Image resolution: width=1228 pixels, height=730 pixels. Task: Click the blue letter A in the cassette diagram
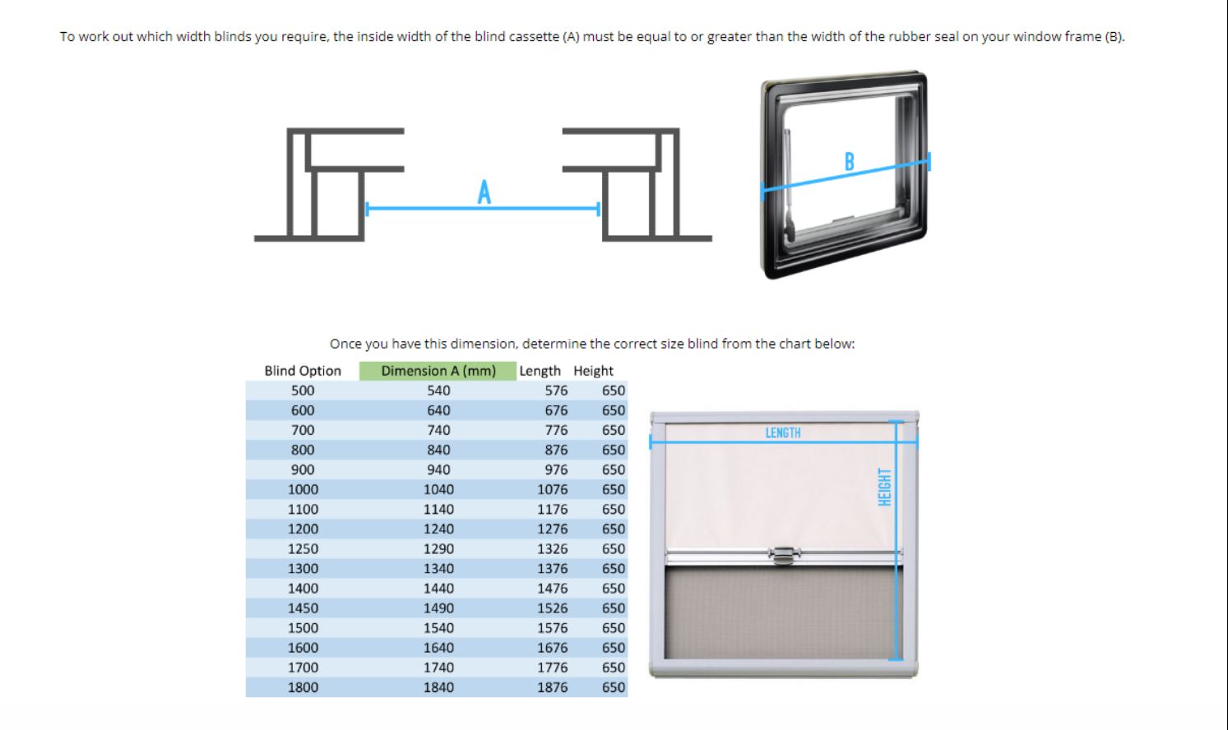pos(484,192)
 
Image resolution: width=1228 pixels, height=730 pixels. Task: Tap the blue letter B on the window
pos(849,162)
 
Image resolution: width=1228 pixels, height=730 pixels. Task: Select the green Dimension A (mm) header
pos(438,371)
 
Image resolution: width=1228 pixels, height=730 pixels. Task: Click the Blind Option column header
pos(303,371)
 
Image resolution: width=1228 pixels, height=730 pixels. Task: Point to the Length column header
pos(540,371)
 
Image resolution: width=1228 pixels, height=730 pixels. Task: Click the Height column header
pos(593,371)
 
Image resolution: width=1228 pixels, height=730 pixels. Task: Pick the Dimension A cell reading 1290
pos(438,549)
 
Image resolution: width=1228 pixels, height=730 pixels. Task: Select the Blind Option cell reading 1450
pos(303,608)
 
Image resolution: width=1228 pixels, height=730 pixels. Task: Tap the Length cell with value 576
pos(556,390)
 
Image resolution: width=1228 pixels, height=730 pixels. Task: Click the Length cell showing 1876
pos(552,687)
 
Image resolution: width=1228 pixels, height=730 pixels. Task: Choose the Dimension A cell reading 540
pos(438,390)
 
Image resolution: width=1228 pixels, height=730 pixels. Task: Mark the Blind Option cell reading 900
pos(303,469)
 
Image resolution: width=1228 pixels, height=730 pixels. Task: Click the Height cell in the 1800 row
pos(614,687)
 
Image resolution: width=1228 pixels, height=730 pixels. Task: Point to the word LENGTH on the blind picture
pos(783,433)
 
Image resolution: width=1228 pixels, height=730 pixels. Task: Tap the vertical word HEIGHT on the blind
pos(884,487)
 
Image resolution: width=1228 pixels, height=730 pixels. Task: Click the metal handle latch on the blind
pos(784,555)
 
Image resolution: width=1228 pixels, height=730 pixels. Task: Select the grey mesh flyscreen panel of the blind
pos(783,612)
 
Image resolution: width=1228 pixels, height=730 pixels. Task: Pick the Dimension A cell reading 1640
pos(438,648)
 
